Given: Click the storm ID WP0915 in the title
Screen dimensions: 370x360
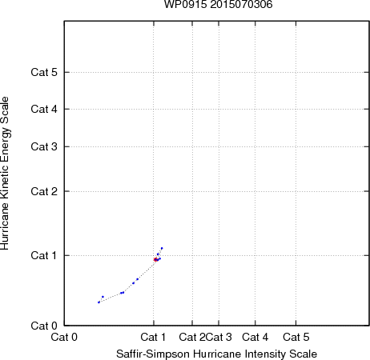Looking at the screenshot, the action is pos(185,4).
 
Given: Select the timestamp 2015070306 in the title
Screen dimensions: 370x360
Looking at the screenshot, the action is pos(241,4).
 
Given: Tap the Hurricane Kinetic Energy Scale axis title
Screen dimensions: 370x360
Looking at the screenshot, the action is pos(5,174).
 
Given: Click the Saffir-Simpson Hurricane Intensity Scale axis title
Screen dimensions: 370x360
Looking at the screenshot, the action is pos(216,354).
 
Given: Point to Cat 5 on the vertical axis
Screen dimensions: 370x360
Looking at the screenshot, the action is pos(44,72).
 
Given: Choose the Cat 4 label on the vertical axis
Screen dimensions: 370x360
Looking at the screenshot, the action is pos(44,109).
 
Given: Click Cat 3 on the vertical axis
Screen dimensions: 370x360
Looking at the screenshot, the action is pos(44,146).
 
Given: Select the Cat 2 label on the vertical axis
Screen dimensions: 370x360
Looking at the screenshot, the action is pos(44,191).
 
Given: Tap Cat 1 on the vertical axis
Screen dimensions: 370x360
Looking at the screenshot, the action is pos(44,255).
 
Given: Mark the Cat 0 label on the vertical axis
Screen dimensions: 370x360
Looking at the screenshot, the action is pos(44,326).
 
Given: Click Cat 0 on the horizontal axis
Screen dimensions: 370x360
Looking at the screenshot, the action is pos(64,337).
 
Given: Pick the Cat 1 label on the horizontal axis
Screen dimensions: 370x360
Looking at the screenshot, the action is pos(153,337).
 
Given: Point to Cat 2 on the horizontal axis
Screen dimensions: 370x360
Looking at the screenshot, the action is pos(192,337).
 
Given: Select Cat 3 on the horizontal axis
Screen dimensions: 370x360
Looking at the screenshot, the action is pos(219,337).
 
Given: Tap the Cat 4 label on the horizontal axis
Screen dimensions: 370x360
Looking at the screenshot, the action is pos(255,337).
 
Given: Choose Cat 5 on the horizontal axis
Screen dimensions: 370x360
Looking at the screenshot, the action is pos(296,337).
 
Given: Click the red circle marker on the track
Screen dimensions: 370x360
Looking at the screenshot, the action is pos(155,259).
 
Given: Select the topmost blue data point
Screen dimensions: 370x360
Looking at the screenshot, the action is pos(162,248).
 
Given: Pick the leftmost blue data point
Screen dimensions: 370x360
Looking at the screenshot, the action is pos(99,302).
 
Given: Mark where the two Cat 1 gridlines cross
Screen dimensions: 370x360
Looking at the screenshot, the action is pos(154,255).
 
